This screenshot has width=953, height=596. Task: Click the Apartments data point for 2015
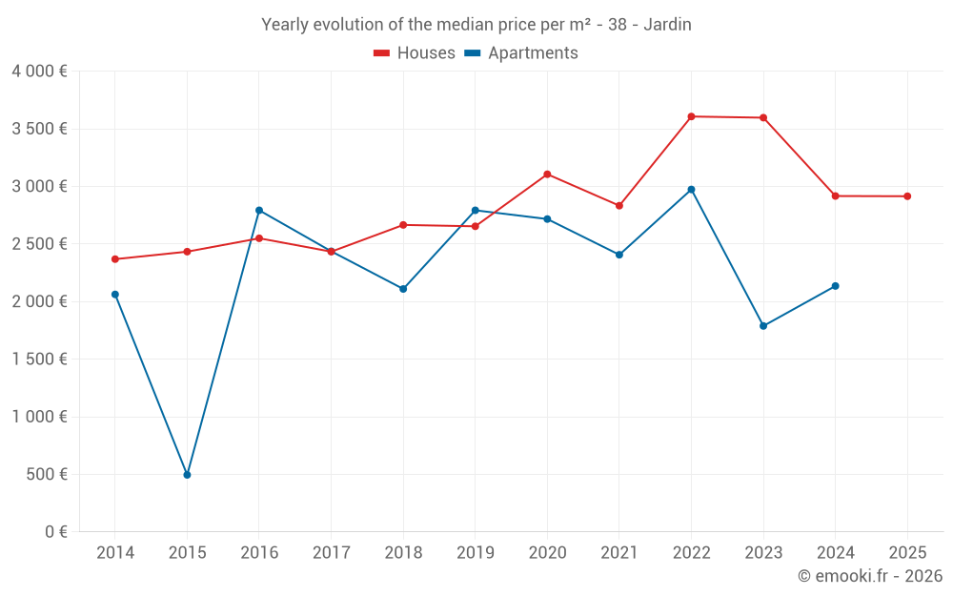187,474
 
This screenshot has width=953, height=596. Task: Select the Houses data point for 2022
691,116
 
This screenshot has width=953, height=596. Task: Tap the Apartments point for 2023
763,326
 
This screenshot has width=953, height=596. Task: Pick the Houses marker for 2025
907,196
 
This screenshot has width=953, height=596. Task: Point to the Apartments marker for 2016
259,210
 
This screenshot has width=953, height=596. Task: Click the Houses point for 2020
547,175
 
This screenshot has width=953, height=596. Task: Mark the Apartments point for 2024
836,286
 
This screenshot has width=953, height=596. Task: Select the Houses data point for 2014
115,259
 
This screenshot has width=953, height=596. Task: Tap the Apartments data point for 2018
403,289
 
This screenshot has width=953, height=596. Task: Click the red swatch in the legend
382,53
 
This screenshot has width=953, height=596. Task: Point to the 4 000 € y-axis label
39,72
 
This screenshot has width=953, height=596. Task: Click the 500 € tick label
46,474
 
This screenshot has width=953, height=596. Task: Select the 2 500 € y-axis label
39,244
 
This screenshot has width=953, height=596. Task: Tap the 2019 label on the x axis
475,553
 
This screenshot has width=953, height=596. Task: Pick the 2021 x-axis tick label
618,553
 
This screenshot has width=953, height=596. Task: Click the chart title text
476,25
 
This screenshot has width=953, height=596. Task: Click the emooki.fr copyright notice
870,576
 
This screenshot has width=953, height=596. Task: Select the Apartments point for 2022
691,190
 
